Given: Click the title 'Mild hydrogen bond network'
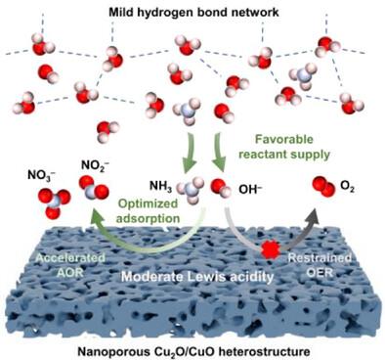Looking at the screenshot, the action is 193,13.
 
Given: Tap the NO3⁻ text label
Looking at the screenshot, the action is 41,175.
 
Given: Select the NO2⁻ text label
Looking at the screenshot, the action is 95,165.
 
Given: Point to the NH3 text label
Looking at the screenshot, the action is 160,187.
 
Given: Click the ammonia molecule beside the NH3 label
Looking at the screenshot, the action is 191,190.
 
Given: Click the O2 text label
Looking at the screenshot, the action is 347,187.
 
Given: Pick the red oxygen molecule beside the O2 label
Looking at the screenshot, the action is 323,186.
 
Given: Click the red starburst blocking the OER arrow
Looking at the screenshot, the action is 271,250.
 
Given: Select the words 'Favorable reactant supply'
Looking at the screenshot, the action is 284,147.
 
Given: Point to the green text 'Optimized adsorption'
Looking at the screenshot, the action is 148,211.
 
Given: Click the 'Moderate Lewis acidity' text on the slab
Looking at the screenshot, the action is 197,277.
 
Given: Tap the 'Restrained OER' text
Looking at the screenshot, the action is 320,265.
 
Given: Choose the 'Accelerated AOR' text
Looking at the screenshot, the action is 70,265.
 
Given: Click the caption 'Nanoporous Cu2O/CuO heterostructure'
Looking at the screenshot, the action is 193,352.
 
